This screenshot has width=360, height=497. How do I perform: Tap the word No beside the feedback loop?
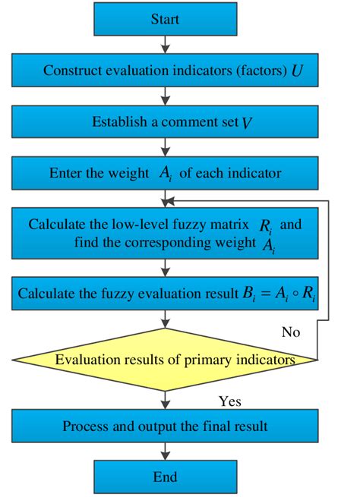(290, 332)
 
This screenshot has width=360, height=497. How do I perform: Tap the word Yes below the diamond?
(229, 401)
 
